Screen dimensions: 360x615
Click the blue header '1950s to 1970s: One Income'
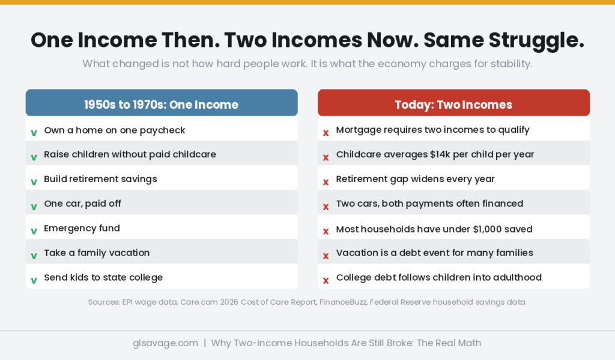click(161, 105)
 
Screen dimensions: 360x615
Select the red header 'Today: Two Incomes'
click(453, 105)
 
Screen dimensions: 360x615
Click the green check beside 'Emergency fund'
click(34, 231)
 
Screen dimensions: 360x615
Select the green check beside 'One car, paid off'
click(34, 206)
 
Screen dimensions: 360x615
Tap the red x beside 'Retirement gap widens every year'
click(326, 182)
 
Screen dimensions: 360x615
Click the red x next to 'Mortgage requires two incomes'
click(326, 132)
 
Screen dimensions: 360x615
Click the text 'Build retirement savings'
click(100, 179)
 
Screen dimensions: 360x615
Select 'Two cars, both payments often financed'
click(429, 204)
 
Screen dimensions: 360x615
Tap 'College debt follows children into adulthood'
click(438, 278)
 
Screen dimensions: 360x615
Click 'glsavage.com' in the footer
click(165, 343)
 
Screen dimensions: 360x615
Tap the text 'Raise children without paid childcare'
click(130, 154)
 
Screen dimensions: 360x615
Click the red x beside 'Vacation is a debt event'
click(326, 255)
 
